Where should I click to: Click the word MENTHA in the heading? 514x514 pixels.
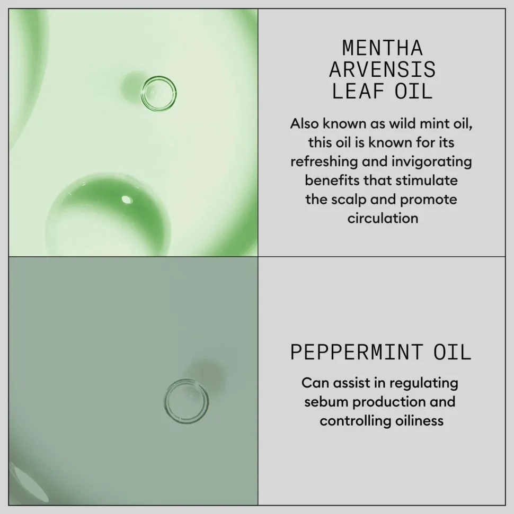pos(383,48)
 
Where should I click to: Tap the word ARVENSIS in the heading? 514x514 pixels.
pos(383,69)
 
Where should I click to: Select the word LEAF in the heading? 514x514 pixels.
pos(358,91)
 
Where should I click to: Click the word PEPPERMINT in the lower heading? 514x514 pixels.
pos(357,353)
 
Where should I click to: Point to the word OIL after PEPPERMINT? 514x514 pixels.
pos(453,353)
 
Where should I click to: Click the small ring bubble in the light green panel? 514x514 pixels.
pos(158,93)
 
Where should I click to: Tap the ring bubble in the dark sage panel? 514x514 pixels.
pos(186,401)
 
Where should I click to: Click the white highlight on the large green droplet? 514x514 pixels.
pos(127,200)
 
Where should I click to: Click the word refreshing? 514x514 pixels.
pos(324,161)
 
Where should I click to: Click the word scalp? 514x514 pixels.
pos(349,200)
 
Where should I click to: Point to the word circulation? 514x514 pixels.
pos(383,218)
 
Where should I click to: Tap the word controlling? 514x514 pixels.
pos(355,421)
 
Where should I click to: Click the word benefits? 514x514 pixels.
pos(332,181)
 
